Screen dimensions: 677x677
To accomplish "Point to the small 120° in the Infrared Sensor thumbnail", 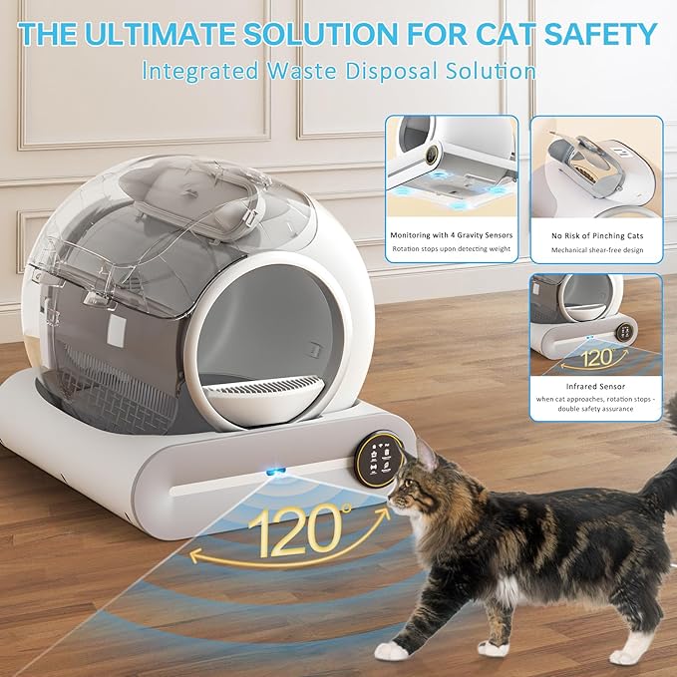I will (596, 356).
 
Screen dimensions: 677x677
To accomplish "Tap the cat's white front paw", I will (392, 650).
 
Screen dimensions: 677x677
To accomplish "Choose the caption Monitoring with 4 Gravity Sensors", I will (452, 235).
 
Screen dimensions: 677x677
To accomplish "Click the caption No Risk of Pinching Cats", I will (595, 235).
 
